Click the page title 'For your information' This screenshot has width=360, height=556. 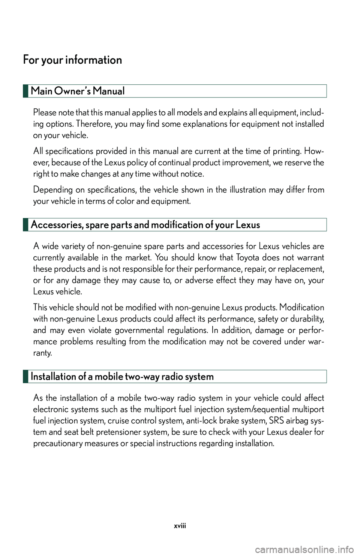[72, 60]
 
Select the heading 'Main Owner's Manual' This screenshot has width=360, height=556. [78, 91]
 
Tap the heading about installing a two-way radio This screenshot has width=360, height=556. [122, 377]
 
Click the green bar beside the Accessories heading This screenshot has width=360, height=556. [25, 225]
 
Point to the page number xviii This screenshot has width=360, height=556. [180, 526]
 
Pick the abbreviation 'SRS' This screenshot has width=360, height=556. [276, 421]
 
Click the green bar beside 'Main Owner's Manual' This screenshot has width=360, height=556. [25, 91]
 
